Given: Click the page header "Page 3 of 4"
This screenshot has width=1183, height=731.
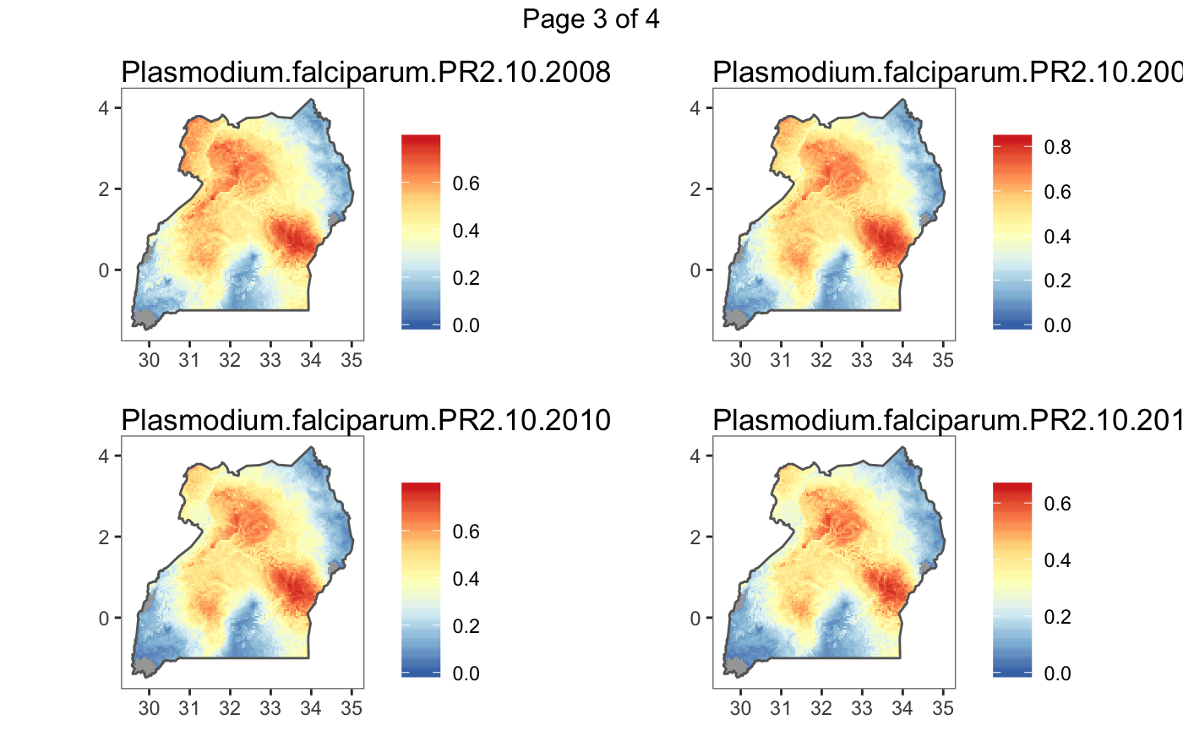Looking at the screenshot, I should point(591,19).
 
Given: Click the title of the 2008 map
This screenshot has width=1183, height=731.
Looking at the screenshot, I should point(366,74).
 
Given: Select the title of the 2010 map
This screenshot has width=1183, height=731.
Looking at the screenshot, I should point(366,420).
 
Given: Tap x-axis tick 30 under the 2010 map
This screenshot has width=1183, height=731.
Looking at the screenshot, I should point(150,707).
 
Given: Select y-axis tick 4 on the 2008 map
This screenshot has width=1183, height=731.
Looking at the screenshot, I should point(107,107).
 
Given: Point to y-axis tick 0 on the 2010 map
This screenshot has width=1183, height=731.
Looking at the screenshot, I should point(107,618).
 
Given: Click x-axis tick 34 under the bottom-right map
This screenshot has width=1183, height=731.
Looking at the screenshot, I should point(902,707).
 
